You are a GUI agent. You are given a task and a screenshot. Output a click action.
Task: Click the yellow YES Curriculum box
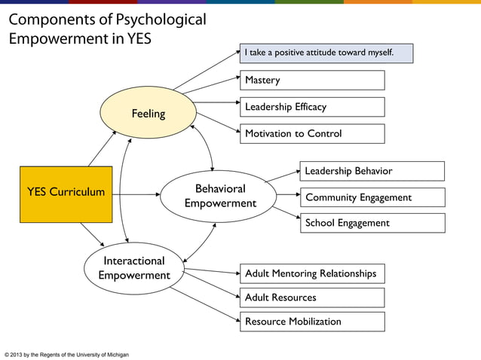click(66, 193)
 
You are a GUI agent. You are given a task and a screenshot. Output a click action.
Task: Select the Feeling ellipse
click(149, 114)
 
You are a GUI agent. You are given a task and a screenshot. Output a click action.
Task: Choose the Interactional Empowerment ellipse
click(134, 268)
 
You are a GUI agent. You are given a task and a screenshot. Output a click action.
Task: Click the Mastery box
click(311, 80)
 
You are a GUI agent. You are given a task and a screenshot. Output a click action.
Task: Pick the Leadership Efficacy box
click(311, 107)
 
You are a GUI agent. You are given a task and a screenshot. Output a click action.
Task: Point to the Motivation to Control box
click(311, 134)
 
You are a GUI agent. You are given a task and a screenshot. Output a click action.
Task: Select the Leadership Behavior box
click(372, 171)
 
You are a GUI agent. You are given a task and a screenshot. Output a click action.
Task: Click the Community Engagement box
click(372, 197)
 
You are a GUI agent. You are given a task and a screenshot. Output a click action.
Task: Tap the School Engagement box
click(372, 223)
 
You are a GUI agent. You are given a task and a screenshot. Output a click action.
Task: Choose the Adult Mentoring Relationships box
click(311, 273)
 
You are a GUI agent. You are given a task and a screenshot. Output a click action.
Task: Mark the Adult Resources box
click(311, 297)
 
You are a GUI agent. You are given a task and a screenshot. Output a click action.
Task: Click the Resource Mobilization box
click(311, 322)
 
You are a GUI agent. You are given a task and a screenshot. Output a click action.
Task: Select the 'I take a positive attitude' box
click(326, 53)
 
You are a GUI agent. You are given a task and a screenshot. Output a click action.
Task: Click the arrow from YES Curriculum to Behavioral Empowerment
click(136, 194)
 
